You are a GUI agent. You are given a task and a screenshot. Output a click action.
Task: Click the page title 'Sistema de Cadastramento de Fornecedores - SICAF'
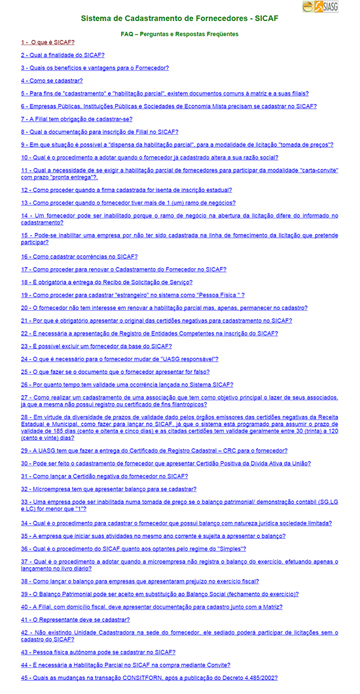[x=179, y=19]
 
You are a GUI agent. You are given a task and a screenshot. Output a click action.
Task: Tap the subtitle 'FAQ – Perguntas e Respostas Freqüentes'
[x=179, y=33]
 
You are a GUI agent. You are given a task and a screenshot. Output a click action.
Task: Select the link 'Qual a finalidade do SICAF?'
[x=62, y=55]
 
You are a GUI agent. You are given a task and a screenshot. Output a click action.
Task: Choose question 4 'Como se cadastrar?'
[x=52, y=80]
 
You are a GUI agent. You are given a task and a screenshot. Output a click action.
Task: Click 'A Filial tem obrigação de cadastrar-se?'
[x=76, y=119]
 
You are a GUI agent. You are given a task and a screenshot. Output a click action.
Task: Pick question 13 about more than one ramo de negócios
[x=128, y=203]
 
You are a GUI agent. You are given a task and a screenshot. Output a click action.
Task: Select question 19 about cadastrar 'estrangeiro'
[x=132, y=296]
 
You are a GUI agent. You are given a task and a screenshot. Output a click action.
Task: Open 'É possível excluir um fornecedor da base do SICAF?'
[x=96, y=346]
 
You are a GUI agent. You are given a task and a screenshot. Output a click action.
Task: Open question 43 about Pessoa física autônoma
[x=98, y=652]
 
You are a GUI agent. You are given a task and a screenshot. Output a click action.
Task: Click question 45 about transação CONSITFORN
[x=149, y=678]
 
